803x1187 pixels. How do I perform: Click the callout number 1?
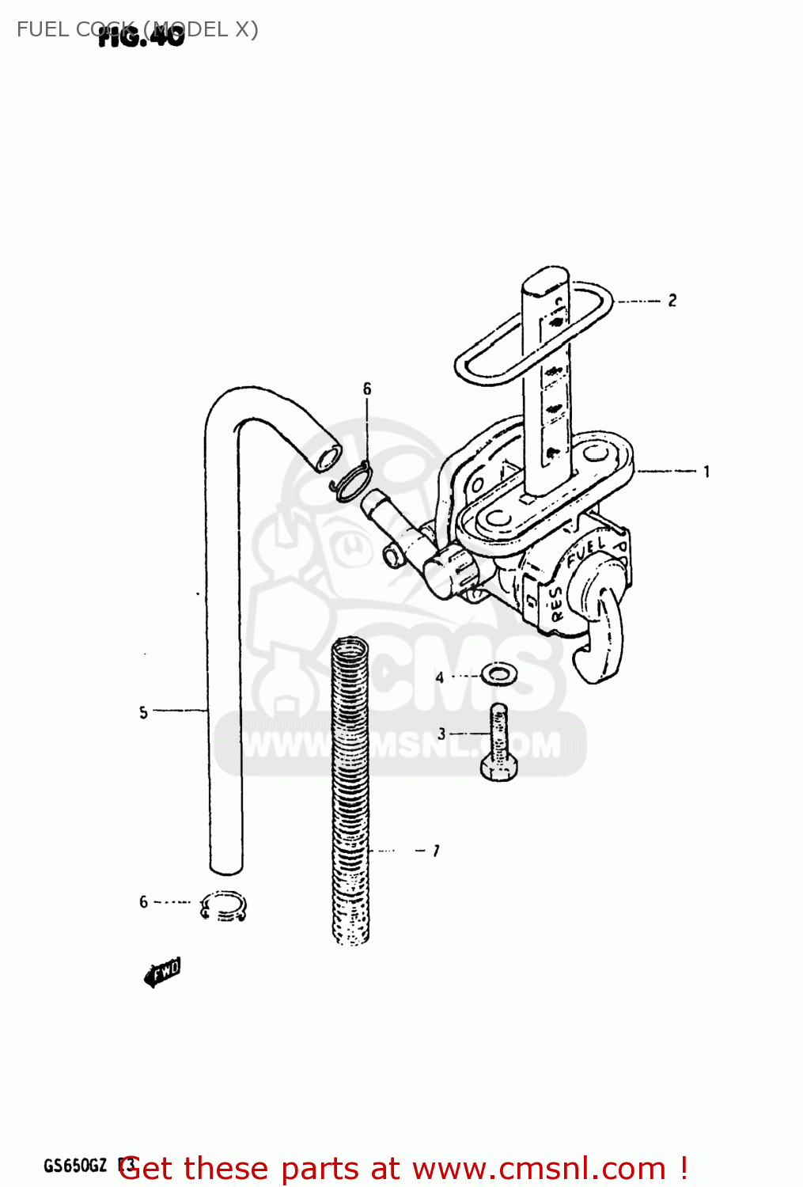click(x=706, y=472)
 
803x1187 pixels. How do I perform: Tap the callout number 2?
click(x=672, y=301)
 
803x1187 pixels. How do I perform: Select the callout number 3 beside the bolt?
click(x=441, y=734)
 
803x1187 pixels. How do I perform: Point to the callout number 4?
click(x=440, y=677)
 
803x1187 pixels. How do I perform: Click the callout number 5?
click(x=143, y=712)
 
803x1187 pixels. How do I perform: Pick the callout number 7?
click(x=435, y=851)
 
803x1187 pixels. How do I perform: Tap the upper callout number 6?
click(x=367, y=389)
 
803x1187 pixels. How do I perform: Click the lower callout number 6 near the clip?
click(x=143, y=901)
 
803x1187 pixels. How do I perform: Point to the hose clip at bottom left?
click(x=224, y=906)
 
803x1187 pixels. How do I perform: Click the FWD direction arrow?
click(x=162, y=972)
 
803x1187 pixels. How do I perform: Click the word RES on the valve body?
click(x=557, y=603)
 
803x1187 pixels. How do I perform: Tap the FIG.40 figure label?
click(x=141, y=35)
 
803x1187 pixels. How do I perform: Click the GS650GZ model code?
click(x=75, y=1166)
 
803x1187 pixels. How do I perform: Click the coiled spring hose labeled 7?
click(x=350, y=791)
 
